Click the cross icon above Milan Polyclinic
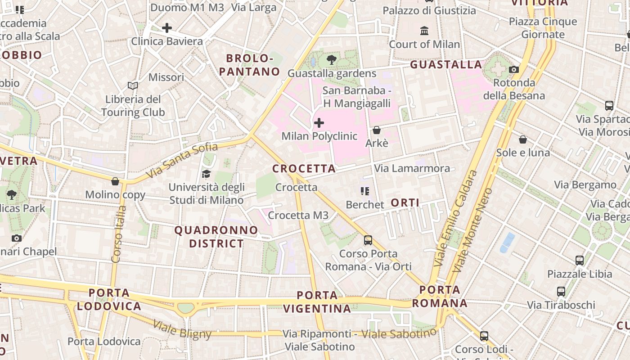(x=319, y=122)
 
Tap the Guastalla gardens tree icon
(x=332, y=59)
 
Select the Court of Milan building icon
(x=424, y=31)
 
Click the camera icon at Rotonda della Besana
(x=513, y=69)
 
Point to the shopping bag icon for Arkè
(x=377, y=130)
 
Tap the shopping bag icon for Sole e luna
(x=523, y=139)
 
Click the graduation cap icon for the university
(x=206, y=174)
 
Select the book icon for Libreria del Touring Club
(x=132, y=85)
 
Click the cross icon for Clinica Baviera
(x=167, y=28)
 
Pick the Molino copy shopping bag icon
(x=115, y=181)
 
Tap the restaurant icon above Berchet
(x=364, y=191)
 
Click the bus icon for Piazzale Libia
(x=580, y=260)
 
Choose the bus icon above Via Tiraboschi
(x=561, y=291)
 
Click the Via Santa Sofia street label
(x=182, y=160)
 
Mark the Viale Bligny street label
(x=182, y=330)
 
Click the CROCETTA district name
(x=304, y=169)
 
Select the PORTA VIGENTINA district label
(x=317, y=302)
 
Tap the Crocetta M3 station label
(x=298, y=216)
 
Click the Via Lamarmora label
(x=412, y=168)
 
